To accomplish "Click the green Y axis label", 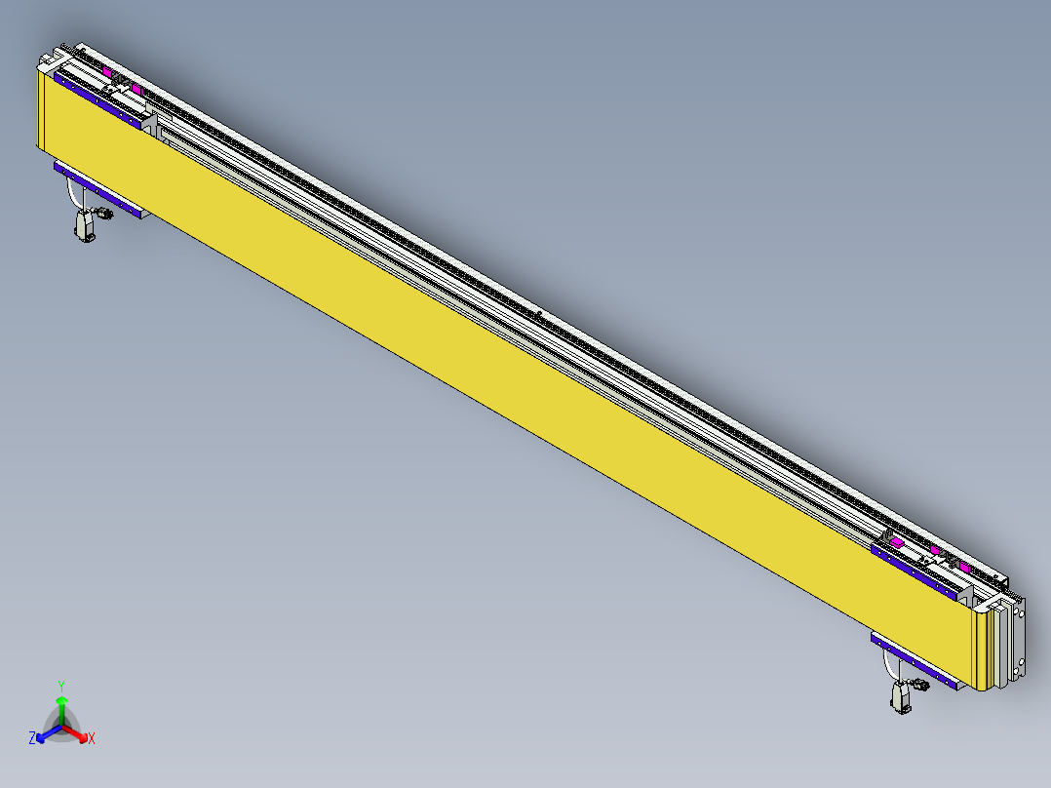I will pyautogui.click(x=61, y=686).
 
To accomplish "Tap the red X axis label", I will pyautogui.click(x=92, y=739).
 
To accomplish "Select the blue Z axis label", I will pyautogui.click(x=32, y=738).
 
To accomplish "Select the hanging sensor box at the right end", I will pyautogui.click(x=901, y=696).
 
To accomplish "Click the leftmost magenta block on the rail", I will pyautogui.click(x=105, y=72).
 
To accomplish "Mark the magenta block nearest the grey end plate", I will pyautogui.click(x=964, y=567).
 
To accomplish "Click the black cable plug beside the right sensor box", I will pyautogui.click(x=921, y=687).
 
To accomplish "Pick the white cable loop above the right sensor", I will pyautogui.click(x=888, y=665).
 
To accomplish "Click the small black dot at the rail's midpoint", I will pyautogui.click(x=539, y=313).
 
